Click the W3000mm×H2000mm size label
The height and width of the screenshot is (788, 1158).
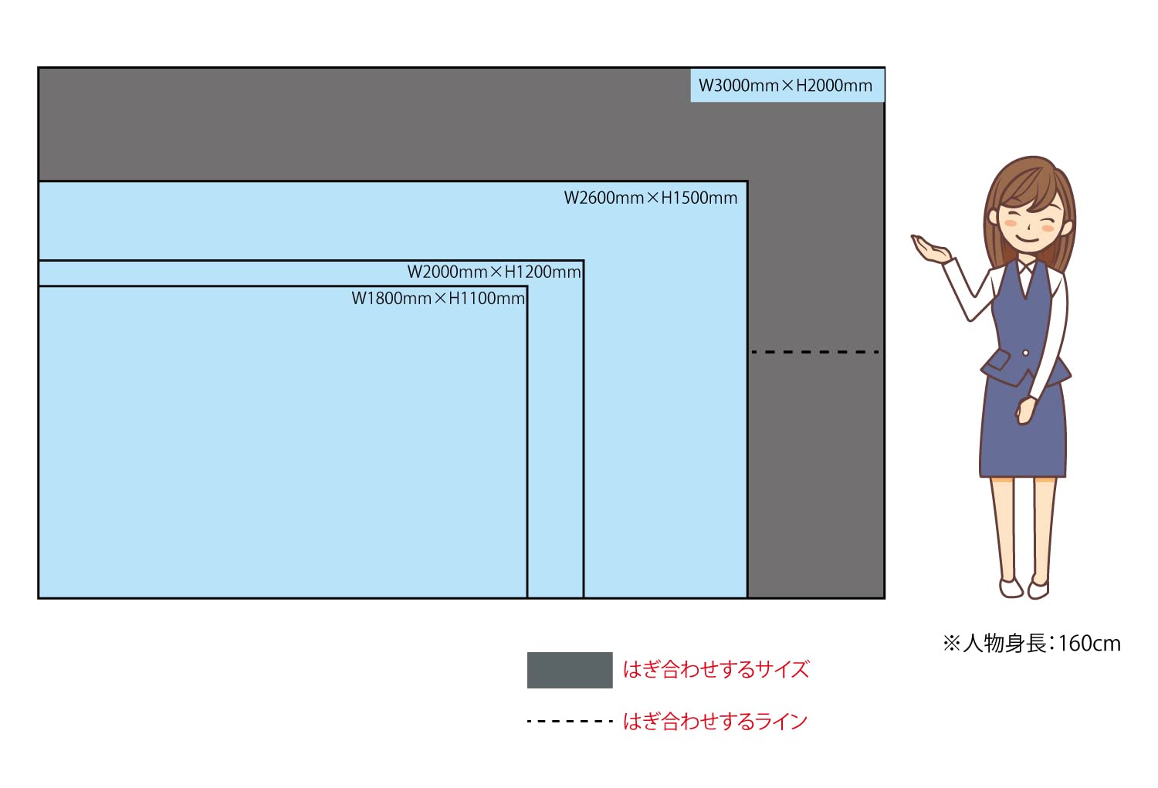click(x=786, y=86)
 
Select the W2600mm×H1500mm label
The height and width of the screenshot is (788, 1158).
click(x=651, y=198)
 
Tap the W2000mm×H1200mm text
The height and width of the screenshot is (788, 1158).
click(x=494, y=272)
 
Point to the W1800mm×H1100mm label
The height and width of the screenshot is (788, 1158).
click(x=438, y=298)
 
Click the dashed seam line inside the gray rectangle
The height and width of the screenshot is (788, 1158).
click(x=815, y=352)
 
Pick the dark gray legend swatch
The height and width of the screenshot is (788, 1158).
click(x=570, y=670)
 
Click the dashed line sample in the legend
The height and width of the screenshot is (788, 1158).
click(x=570, y=721)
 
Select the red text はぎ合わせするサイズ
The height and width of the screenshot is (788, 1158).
click(x=716, y=669)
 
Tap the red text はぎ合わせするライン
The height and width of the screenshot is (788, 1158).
click(x=715, y=722)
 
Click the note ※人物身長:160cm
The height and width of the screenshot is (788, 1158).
click(x=1031, y=643)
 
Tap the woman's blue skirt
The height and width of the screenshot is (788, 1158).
click(x=1022, y=440)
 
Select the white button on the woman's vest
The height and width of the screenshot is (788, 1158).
click(x=1025, y=353)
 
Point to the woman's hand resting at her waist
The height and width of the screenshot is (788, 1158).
click(x=1026, y=410)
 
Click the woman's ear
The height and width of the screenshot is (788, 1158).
click(x=1066, y=228)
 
